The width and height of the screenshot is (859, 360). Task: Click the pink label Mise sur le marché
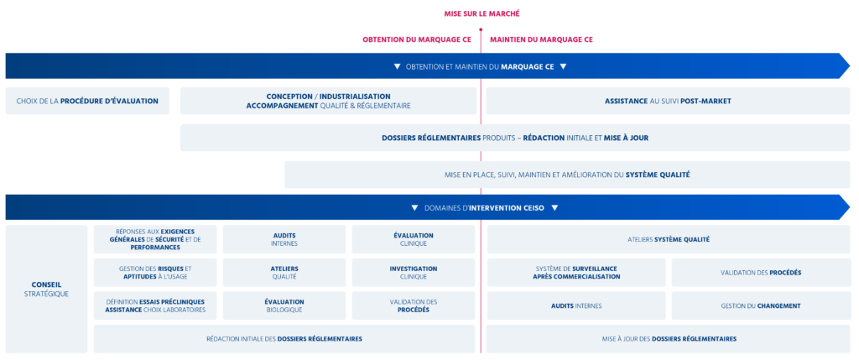482,13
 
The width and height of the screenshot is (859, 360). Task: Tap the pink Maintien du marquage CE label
542,39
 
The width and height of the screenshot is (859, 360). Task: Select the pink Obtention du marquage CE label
417,39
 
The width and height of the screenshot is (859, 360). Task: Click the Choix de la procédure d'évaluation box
87,101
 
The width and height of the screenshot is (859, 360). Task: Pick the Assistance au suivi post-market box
668,101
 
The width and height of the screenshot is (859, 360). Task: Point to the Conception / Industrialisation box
328,101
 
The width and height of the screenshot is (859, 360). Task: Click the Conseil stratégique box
46,289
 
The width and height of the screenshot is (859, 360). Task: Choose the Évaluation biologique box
284,305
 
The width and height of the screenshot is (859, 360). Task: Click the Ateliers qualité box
284,272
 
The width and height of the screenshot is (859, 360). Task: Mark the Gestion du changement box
761,305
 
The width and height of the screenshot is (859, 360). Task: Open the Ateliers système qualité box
668,239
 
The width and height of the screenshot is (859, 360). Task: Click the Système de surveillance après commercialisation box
575,272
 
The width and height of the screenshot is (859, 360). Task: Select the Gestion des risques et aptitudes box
154,272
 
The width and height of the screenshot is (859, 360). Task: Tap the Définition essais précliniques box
154,305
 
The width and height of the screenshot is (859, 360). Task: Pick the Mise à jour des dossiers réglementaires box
668,339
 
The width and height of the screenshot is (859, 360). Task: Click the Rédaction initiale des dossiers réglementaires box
284,339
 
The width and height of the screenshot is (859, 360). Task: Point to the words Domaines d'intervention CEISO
484,207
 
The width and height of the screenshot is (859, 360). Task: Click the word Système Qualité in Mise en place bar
658,175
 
